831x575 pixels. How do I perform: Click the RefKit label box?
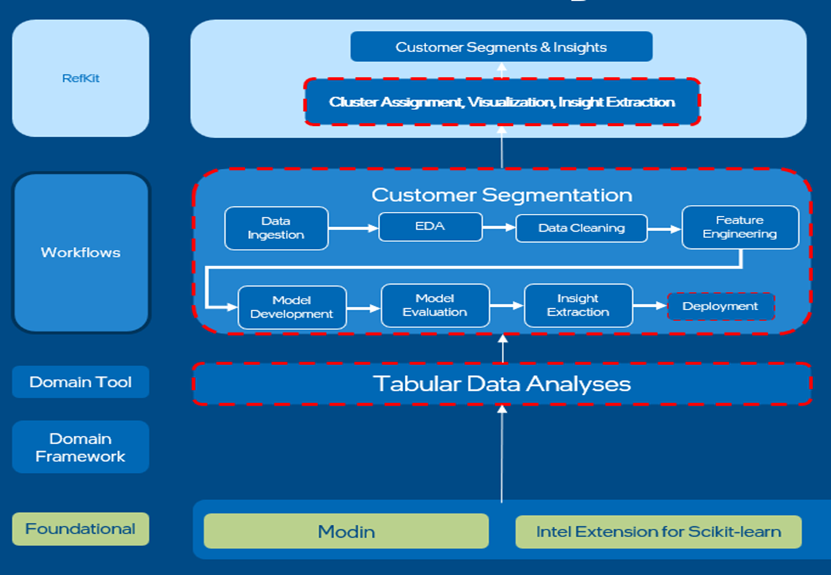click(80, 78)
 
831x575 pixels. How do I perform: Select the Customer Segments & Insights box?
click(501, 47)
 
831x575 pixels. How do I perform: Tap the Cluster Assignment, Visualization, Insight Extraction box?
click(502, 102)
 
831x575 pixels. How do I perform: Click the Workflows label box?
click(80, 252)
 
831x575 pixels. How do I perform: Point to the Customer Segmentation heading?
click(502, 195)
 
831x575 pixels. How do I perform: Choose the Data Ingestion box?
click(276, 228)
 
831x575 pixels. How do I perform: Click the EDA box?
click(430, 227)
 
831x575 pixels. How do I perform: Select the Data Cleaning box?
click(581, 228)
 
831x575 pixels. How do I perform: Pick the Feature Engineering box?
click(740, 227)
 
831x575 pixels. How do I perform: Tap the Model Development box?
click(292, 307)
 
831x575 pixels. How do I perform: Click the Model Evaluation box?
click(435, 305)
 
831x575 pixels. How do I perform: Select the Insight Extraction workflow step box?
click(578, 305)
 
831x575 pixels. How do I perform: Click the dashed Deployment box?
click(720, 307)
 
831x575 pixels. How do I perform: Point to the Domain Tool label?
click(80, 382)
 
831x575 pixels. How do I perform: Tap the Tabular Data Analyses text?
click(502, 384)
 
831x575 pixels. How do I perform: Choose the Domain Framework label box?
click(80, 448)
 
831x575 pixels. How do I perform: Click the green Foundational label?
click(80, 529)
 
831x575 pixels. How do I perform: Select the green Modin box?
click(346, 532)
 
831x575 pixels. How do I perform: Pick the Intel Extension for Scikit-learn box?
click(658, 532)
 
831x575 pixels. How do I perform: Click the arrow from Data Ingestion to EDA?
click(353, 227)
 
